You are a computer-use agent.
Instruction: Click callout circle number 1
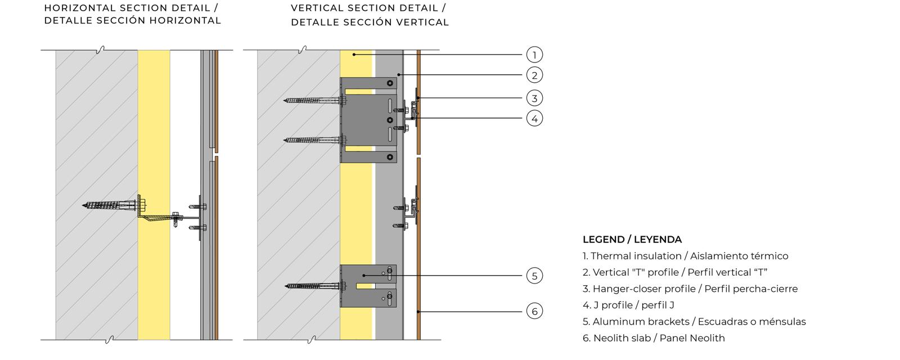click(x=534, y=55)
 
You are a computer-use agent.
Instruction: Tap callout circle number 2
click(x=534, y=75)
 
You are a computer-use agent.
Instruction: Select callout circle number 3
click(x=534, y=98)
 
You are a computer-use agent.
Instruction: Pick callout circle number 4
click(x=534, y=119)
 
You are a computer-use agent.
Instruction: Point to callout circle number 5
click(x=534, y=276)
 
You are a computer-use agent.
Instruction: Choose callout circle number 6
click(x=534, y=311)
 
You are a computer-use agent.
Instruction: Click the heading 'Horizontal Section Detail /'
click(x=131, y=8)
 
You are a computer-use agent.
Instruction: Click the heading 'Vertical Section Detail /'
click(x=368, y=8)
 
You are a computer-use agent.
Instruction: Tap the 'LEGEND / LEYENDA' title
click(x=632, y=240)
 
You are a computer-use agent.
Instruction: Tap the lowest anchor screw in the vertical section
click(x=316, y=286)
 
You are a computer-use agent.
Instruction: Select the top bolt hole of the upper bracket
click(x=390, y=83)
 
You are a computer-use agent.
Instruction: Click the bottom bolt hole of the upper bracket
click(x=390, y=157)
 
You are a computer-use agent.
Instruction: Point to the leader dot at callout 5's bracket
click(x=363, y=276)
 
